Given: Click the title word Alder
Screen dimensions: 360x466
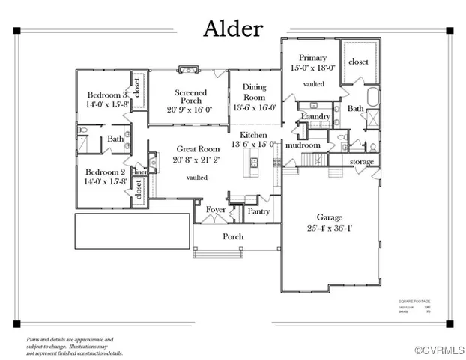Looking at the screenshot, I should coord(233,29).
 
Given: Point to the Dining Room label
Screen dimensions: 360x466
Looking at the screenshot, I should coord(254,92).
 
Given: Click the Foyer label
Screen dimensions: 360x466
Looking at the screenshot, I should coord(217,211).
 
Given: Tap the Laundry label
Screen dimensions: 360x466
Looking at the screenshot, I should coord(315,117).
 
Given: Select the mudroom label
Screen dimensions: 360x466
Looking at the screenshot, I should coord(304,145).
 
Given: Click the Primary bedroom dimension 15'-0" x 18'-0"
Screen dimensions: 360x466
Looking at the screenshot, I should coord(313,67).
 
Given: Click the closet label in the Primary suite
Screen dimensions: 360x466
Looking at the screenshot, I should coord(358,61).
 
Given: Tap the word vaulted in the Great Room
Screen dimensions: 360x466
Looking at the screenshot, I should coord(197,178).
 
